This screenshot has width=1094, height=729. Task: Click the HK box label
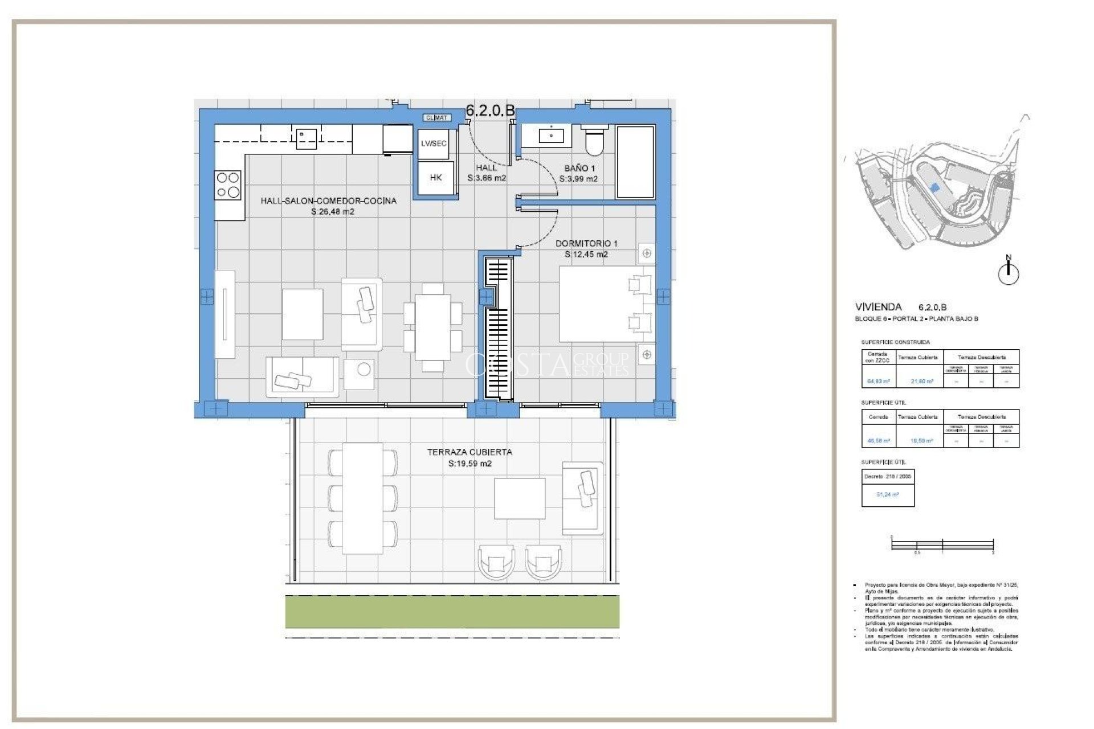click(436, 178)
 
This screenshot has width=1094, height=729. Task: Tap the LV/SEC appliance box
click(434, 144)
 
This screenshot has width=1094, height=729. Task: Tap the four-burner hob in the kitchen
click(228, 185)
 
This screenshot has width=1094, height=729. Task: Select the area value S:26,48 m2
click(333, 212)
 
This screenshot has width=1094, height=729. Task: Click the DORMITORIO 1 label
click(586, 243)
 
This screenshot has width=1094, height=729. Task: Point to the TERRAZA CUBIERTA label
click(470, 452)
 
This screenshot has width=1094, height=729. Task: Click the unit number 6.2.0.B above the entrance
click(490, 110)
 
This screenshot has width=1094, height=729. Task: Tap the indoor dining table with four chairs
click(432, 327)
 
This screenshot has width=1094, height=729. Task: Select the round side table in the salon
click(364, 370)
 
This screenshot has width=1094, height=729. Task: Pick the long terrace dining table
click(362, 498)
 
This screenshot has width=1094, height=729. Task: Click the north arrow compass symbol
click(1008, 272)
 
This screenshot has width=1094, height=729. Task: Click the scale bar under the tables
click(942, 545)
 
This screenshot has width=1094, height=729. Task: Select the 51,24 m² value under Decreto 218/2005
click(887, 495)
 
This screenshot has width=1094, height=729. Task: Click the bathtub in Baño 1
click(635, 162)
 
